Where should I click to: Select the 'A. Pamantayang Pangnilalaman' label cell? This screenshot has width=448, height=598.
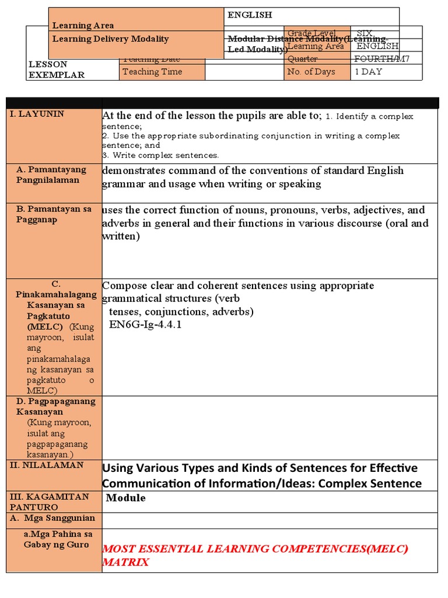coord(51,175)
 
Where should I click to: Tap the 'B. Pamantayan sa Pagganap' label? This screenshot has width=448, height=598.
coord(54,214)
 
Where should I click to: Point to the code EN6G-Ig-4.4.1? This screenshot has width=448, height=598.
coord(145,324)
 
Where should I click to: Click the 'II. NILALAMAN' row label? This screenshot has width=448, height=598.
coord(47,465)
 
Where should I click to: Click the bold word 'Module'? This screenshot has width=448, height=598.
coord(126,498)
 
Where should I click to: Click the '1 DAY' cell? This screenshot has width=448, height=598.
coord(369,72)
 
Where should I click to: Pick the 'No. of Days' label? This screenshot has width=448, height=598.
coord(311,72)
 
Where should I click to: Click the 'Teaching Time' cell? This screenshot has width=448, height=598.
coord(152,72)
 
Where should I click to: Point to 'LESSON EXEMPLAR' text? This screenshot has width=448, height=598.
coord(56,69)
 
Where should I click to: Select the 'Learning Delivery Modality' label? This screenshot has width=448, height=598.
coord(110,39)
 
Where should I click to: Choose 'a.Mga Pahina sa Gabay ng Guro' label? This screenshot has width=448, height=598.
coord(57,539)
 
